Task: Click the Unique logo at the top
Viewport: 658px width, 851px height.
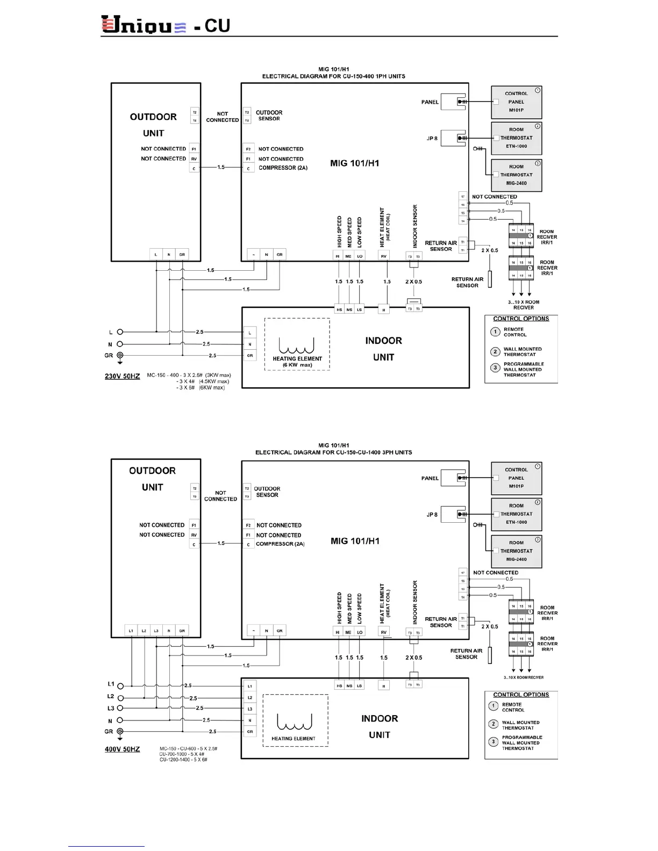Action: point(144,25)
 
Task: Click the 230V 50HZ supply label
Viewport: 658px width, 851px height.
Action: point(122,376)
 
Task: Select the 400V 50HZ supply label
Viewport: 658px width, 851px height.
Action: point(122,749)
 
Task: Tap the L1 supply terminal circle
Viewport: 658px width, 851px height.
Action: point(120,686)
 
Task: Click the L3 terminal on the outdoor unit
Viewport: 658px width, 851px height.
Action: point(156,631)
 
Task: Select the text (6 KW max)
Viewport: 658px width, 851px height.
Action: point(297,365)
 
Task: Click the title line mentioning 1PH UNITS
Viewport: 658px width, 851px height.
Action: point(333,76)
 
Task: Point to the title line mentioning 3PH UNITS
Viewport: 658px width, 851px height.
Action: point(333,452)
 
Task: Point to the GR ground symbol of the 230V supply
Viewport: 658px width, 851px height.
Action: point(120,355)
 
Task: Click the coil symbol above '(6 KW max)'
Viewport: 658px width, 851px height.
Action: point(296,345)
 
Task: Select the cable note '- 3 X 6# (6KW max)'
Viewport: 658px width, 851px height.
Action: point(201,388)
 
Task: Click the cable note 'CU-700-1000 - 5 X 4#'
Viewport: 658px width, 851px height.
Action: point(182,754)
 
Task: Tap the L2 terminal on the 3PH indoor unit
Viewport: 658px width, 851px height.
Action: point(250,697)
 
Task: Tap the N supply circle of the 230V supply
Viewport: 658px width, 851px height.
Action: point(120,344)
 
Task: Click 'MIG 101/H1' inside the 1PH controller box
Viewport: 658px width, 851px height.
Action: point(354,163)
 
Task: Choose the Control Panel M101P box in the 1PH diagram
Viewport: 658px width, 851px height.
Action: point(516,102)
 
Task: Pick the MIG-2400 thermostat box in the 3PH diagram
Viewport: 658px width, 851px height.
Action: point(516,551)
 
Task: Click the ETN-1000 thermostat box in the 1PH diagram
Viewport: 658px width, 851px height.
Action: point(516,138)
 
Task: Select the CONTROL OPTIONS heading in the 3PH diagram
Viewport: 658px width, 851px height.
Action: point(521,695)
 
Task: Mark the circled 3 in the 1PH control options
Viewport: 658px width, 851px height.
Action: point(495,368)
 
